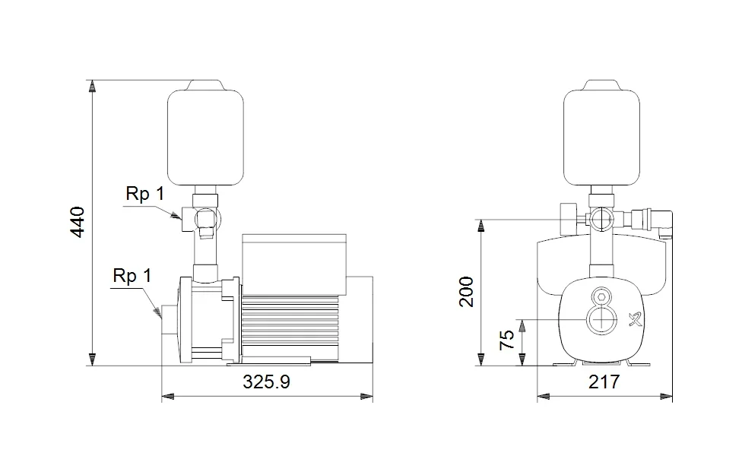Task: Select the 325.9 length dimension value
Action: pyautogui.click(x=266, y=382)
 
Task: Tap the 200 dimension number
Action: pyautogui.click(x=467, y=292)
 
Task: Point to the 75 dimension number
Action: pyautogui.click(x=507, y=334)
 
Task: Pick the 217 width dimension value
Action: pyautogui.click(x=604, y=382)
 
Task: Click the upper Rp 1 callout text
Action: pyautogui.click(x=145, y=194)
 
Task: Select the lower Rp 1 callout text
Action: pyautogui.click(x=132, y=276)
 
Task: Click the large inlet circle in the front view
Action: pyautogui.click(x=601, y=321)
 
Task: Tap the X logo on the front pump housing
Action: pyautogui.click(x=633, y=319)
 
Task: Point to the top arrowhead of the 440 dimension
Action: pyautogui.click(x=92, y=86)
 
